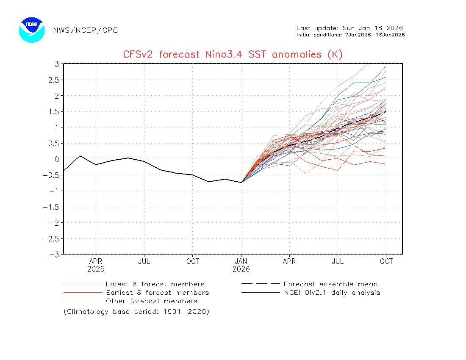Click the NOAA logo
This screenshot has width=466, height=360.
click(32, 30)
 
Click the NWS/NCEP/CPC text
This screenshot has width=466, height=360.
click(86, 30)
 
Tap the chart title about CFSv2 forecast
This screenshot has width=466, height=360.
click(233, 54)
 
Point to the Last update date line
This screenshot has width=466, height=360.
click(349, 28)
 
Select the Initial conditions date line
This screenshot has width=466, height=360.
click(350, 35)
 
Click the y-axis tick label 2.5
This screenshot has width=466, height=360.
click(53, 80)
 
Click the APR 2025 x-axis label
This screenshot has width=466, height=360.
click(96, 265)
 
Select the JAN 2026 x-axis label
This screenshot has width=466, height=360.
click(241, 265)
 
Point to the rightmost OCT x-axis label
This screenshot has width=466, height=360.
click(386, 261)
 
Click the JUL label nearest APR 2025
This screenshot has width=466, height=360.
click(144, 261)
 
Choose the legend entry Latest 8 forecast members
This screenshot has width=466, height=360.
click(155, 284)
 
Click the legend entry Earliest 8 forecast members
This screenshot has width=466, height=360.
click(157, 293)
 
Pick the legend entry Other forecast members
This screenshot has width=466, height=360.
click(152, 301)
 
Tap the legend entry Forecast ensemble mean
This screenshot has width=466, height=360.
click(330, 284)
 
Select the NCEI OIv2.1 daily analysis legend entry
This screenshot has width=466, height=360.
click(332, 293)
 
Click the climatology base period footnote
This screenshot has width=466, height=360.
click(136, 312)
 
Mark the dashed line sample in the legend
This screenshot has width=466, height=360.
click(261, 284)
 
